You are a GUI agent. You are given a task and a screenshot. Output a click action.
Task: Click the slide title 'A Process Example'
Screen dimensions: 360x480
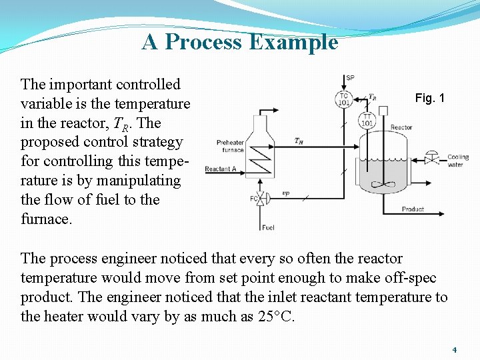tap(240, 42)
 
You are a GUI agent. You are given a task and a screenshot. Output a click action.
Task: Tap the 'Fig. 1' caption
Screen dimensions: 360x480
tap(429, 98)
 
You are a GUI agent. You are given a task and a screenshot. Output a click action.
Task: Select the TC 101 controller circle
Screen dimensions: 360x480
tap(343, 99)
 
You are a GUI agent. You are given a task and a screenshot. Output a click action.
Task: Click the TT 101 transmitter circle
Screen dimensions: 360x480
tap(367, 120)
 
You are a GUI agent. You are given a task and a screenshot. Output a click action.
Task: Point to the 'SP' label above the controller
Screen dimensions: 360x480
tap(350, 78)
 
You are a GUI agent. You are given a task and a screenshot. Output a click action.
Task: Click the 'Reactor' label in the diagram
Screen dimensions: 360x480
tap(401, 127)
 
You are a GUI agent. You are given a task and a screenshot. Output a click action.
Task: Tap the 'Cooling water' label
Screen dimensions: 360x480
tap(458, 161)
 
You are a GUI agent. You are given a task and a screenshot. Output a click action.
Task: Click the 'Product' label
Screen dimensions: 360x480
tap(413, 209)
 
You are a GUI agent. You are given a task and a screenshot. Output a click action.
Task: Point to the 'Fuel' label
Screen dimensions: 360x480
tap(268, 227)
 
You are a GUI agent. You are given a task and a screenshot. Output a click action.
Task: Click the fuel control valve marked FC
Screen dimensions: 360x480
tap(261, 198)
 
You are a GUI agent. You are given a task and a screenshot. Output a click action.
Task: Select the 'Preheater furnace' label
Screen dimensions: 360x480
tap(230, 145)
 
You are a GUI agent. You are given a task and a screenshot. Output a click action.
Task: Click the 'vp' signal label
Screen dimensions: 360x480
tap(285, 193)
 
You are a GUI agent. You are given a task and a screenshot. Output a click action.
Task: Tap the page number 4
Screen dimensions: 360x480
tap(454, 349)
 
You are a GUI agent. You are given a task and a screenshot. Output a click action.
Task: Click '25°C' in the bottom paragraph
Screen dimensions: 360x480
tap(275, 316)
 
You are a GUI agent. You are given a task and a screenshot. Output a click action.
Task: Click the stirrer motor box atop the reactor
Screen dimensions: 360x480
tap(383, 111)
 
